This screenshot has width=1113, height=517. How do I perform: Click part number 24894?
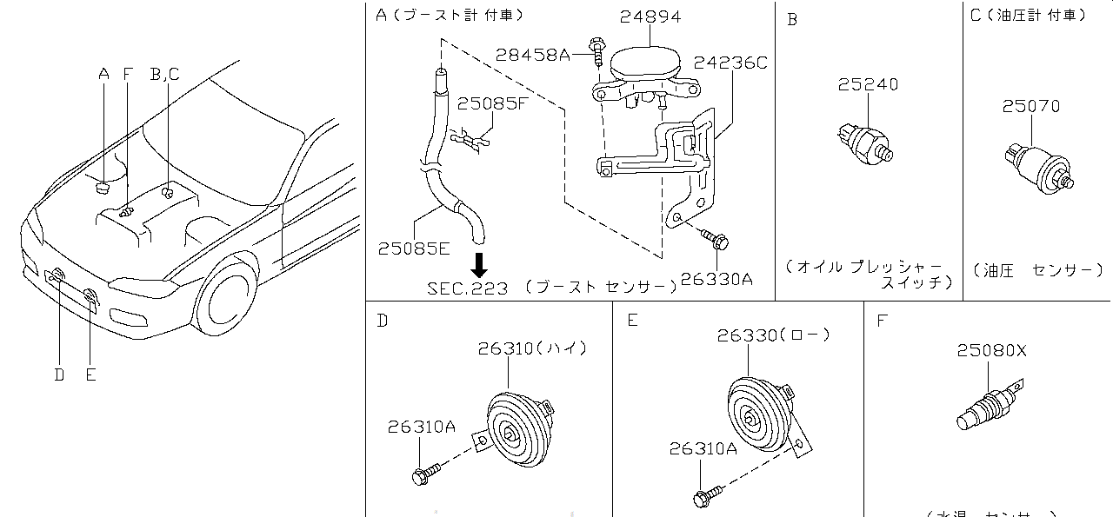click(651, 17)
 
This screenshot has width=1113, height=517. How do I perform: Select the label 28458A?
click(532, 55)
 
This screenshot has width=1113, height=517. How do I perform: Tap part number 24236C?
click(730, 63)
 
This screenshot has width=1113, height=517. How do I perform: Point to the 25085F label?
click(493, 104)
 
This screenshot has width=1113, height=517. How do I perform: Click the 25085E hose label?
click(414, 249)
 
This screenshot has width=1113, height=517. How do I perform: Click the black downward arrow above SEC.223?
click(479, 263)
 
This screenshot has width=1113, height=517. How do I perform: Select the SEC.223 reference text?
click(467, 288)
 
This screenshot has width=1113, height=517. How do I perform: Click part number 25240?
click(868, 84)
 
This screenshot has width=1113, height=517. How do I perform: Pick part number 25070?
click(1030, 106)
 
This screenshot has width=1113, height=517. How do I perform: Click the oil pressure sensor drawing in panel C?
click(1038, 166)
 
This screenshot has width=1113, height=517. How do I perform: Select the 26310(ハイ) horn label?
click(532, 348)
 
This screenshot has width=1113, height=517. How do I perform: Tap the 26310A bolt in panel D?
click(424, 474)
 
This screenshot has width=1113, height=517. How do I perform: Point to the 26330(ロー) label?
click(773, 335)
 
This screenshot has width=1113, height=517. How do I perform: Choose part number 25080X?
click(992, 351)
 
